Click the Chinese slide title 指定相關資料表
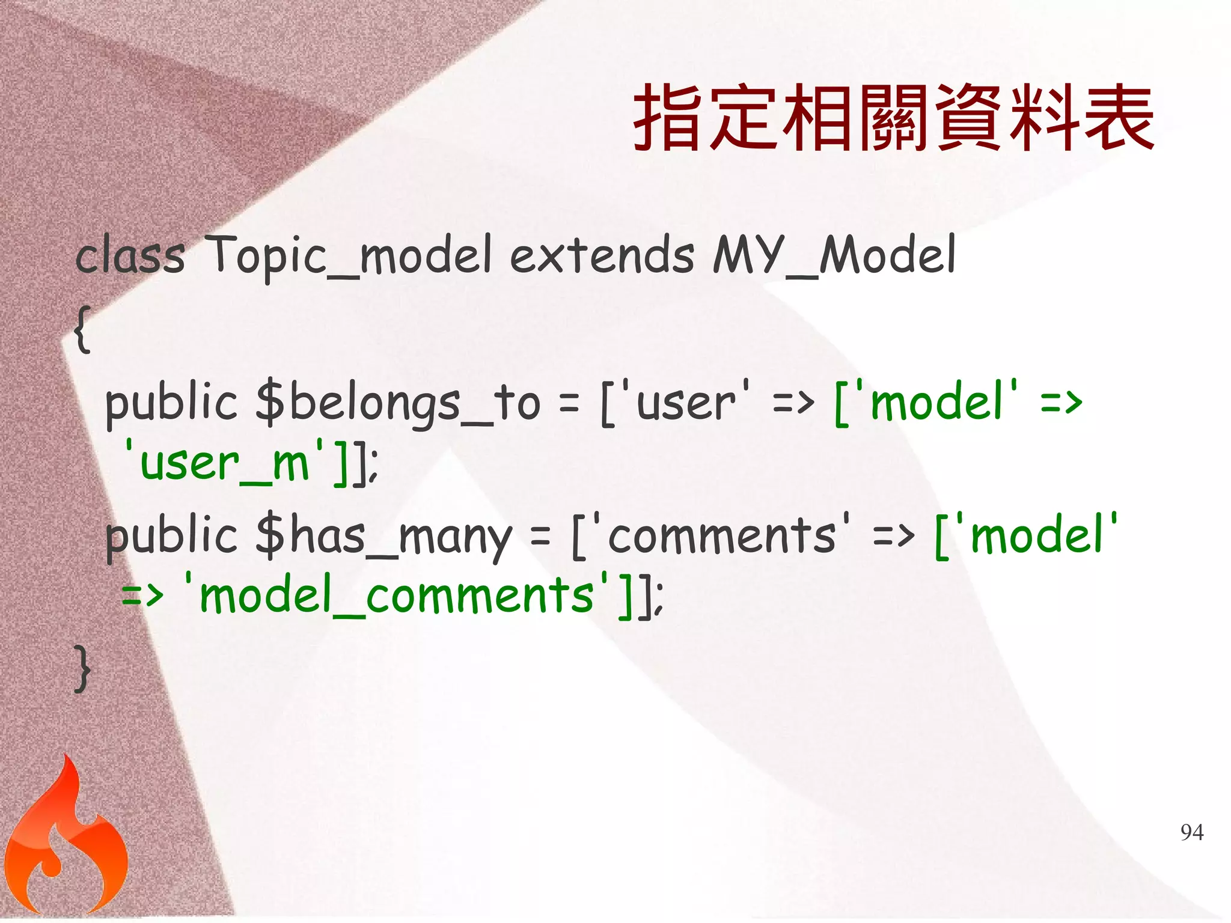893,118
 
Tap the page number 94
1192,832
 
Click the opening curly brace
83,329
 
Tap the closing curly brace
83,668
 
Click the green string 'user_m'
224,463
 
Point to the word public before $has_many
171,536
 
